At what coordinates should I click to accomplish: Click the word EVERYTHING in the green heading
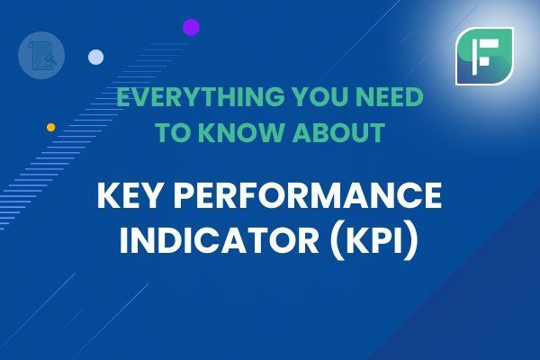click(x=201, y=97)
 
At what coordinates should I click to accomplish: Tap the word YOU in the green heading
click(x=321, y=97)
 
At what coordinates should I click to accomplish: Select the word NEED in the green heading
click(x=390, y=97)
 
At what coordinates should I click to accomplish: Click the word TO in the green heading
click(x=175, y=132)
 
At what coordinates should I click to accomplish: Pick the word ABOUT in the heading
click(x=338, y=132)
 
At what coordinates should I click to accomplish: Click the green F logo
click(x=484, y=56)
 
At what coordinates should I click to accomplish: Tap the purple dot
click(x=191, y=27)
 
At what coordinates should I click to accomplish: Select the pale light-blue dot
click(x=95, y=57)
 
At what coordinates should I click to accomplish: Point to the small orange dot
click(x=51, y=128)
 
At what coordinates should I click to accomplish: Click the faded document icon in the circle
click(x=41, y=56)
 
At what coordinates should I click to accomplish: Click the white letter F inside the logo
click(x=484, y=57)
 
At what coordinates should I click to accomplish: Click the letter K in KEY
click(x=108, y=195)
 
